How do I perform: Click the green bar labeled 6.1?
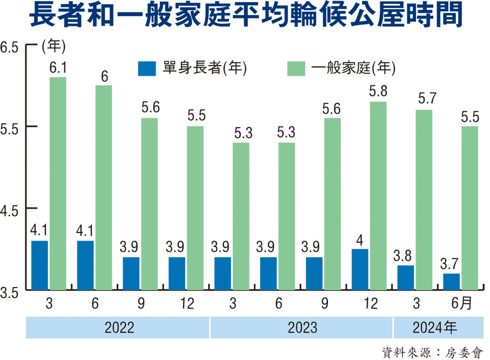coord(58,184)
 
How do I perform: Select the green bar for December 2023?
coord(378,196)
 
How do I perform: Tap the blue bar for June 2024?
coord(451,282)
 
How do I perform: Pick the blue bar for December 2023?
coord(360,270)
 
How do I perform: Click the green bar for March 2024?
coord(424,200)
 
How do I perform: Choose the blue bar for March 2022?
coord(39,265)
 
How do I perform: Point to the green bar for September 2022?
coord(150,204)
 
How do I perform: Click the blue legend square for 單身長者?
coord(147,68)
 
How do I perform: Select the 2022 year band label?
coord(119,327)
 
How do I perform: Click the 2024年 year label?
coord(435,327)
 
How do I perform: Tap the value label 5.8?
coord(378,92)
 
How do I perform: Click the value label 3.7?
coord(451,264)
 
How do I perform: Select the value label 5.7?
coord(424,99)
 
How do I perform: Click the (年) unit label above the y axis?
coord(53,47)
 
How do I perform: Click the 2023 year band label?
coord(301,327)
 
